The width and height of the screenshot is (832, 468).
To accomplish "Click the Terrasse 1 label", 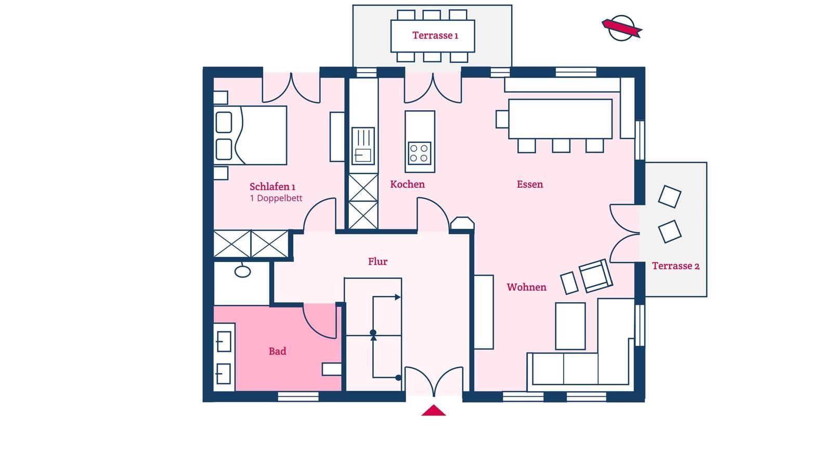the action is [435, 35].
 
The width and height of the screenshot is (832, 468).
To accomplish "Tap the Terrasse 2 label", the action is [675, 266].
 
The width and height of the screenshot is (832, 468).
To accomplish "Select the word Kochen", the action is [408, 184].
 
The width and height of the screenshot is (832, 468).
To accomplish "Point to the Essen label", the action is [530, 184].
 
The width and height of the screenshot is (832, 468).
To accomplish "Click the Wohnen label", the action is [526, 287].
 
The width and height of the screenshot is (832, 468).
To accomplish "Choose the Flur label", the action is [378, 262].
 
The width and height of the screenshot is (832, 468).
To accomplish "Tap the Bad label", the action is [278, 352].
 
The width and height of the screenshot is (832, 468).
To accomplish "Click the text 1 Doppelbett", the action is [276, 198].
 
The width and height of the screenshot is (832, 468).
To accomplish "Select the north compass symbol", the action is [622, 28].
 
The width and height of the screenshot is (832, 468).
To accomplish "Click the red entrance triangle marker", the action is [434, 410].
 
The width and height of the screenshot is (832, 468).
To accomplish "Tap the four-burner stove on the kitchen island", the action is [420, 153].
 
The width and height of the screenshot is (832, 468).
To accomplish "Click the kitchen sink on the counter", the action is [363, 146].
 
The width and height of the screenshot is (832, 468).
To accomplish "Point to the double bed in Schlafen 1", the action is [250, 135].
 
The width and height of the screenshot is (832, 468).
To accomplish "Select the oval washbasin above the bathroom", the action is [242, 271].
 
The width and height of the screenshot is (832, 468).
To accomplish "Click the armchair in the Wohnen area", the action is [596, 276].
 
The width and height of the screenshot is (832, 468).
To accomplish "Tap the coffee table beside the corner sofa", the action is [570, 326].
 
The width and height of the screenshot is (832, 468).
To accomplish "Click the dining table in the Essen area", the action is [560, 119].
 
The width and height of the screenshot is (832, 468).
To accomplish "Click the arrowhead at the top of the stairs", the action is [397, 297].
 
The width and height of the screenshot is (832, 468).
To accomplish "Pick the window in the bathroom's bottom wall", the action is [298, 397].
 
